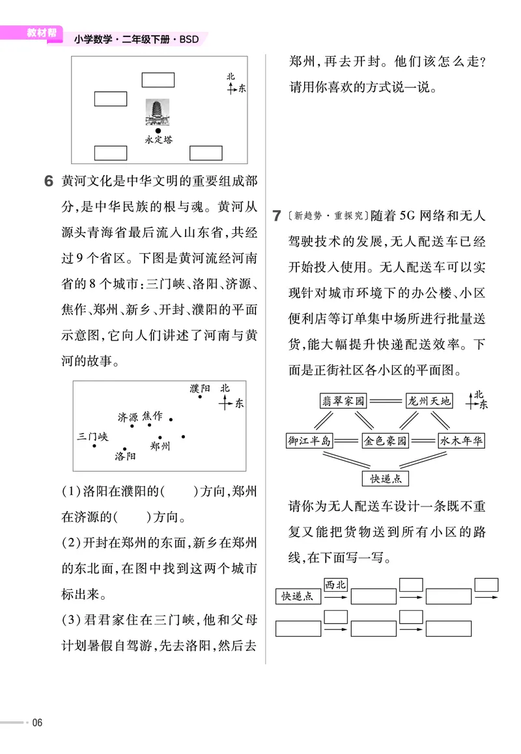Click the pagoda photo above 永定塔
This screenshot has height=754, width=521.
point(158,113)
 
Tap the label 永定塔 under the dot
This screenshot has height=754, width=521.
point(158,139)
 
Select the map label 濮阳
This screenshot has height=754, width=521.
point(200,388)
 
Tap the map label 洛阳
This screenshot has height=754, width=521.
point(125,457)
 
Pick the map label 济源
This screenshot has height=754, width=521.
point(128,417)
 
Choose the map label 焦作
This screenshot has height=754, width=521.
point(152,415)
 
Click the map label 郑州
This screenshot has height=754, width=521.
point(160,447)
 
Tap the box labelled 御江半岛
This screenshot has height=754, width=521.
point(309,441)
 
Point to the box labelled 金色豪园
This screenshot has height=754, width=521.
point(386,441)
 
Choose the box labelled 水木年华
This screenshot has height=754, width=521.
point(462,441)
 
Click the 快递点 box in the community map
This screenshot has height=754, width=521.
point(386,479)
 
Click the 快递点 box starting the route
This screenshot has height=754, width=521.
point(298,596)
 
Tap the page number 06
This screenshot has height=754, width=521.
point(37,722)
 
